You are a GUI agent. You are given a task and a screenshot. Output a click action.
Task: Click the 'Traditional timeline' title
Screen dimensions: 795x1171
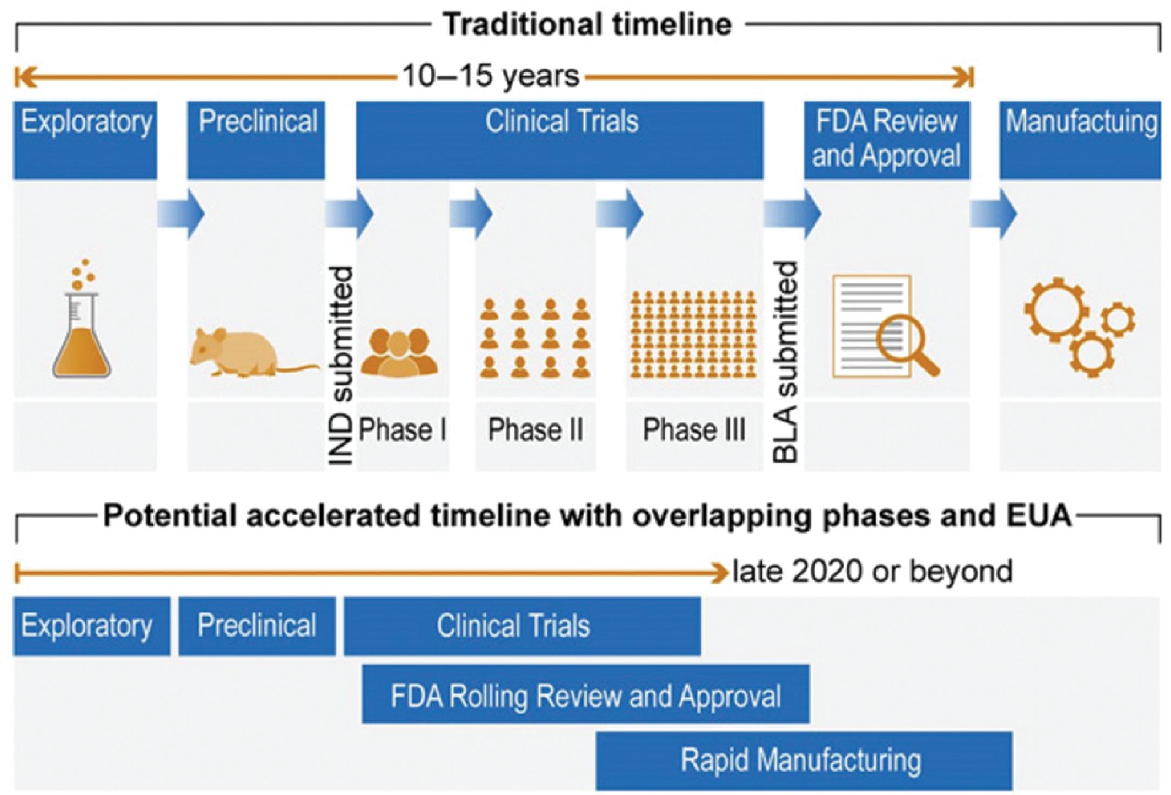(x=587, y=25)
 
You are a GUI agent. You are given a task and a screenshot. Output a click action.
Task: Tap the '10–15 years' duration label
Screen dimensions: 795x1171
(x=490, y=76)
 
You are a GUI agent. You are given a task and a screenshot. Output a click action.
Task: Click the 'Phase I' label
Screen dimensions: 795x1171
(x=402, y=430)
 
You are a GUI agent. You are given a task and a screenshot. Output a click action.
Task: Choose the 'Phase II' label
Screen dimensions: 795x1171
(x=536, y=430)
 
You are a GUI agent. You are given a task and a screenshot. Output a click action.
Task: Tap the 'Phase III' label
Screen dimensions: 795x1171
(x=694, y=430)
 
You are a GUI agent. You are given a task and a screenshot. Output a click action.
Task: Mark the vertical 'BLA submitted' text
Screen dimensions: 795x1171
(x=785, y=362)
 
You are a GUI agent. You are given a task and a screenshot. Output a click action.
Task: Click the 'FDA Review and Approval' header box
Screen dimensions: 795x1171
(x=886, y=139)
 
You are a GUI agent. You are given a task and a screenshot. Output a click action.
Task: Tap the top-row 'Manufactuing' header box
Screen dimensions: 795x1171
(x=1080, y=139)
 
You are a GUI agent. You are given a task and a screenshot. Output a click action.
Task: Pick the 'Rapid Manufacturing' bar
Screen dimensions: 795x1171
(x=804, y=760)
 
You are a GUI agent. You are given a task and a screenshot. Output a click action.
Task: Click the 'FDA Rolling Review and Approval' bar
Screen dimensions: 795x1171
(x=585, y=694)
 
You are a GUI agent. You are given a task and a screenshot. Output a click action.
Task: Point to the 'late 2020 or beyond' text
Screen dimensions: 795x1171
(x=872, y=572)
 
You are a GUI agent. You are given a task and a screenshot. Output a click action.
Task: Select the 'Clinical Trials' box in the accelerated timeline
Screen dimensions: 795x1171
(x=522, y=626)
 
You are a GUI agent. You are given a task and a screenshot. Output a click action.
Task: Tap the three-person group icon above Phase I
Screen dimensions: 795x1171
(x=399, y=353)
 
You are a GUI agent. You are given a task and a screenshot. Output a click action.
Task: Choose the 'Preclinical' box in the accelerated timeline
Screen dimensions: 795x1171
(x=257, y=626)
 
